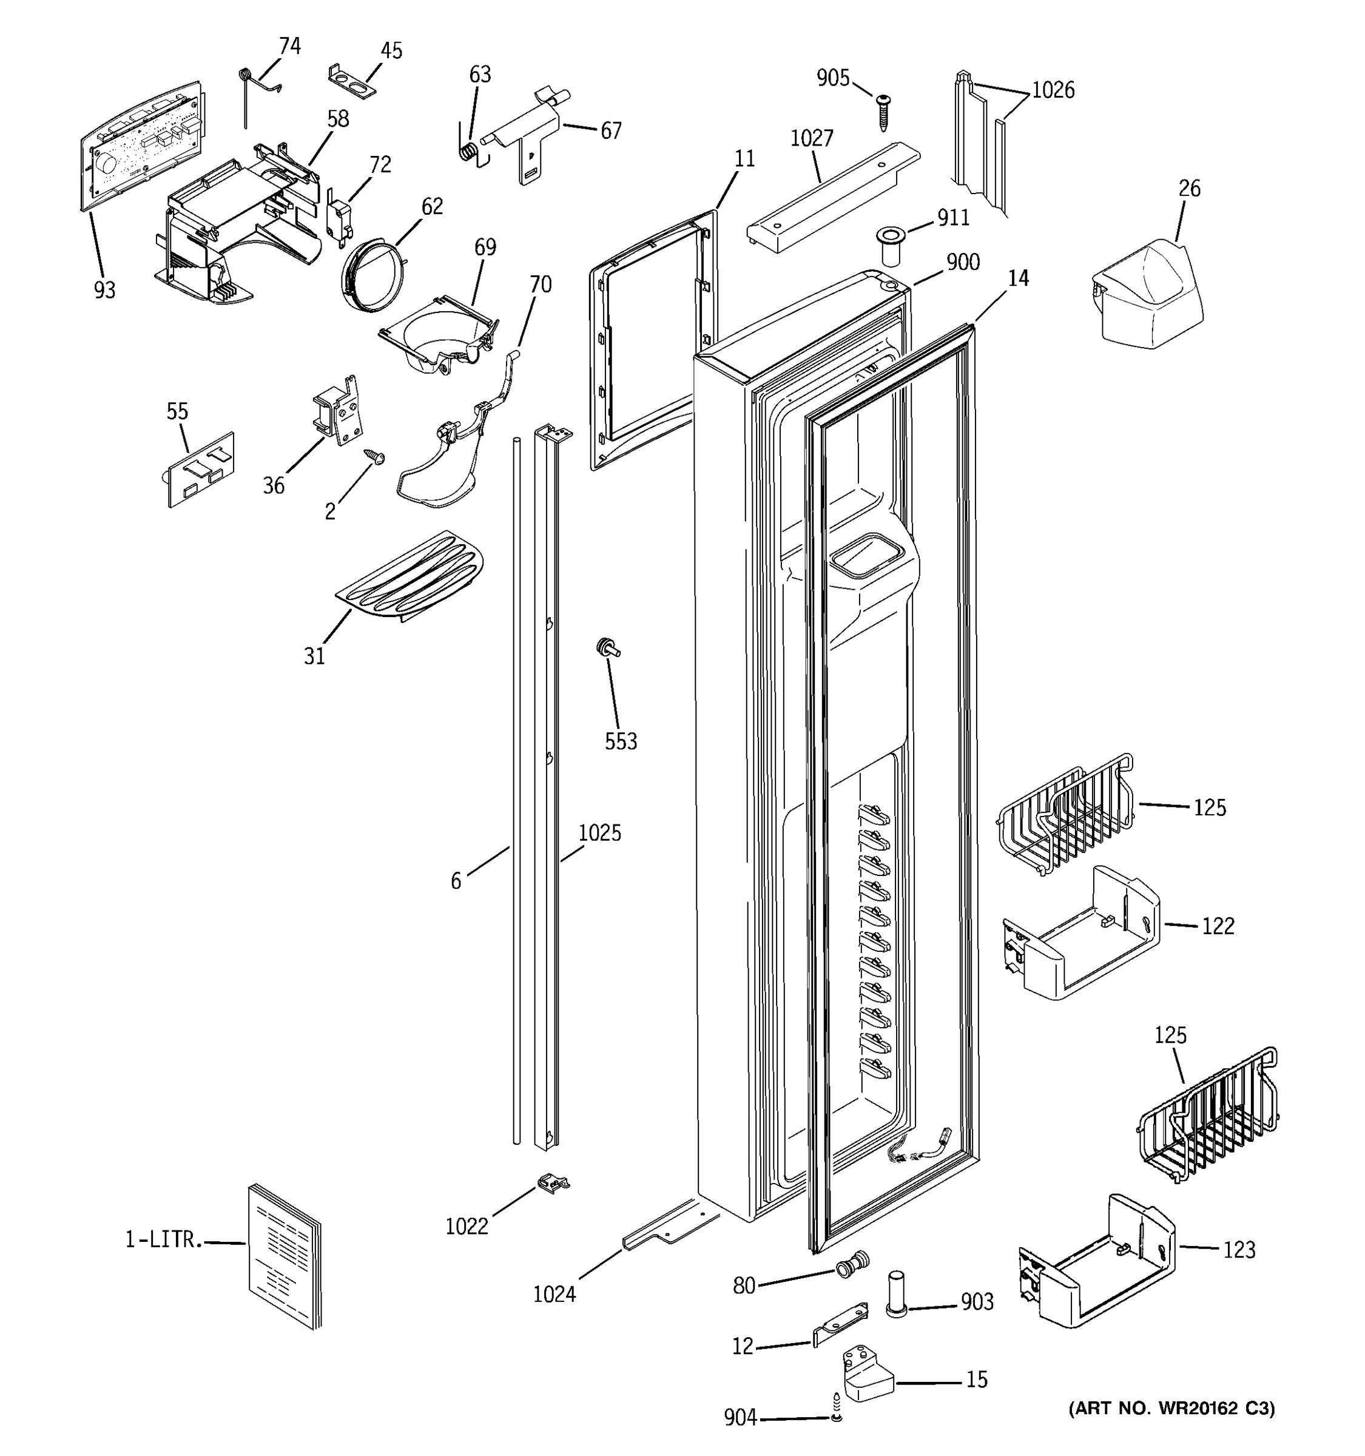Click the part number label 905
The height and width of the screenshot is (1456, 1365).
832,78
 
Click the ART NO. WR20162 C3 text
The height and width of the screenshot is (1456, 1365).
1171,1407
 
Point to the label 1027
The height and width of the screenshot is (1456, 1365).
811,138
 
